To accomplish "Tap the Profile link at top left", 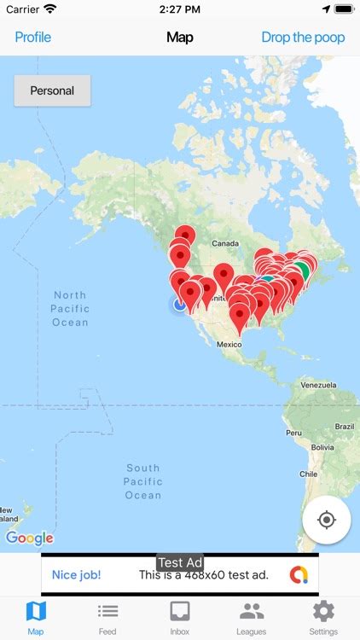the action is tap(33, 38).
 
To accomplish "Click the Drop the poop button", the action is tap(303, 38).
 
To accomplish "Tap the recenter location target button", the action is tap(326, 520).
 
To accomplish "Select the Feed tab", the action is tap(107, 617).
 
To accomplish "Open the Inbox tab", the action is tap(180, 617).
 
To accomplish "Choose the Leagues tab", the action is tap(252, 617).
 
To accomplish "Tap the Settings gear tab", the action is tap(323, 617).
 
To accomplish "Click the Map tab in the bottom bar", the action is tap(36, 617).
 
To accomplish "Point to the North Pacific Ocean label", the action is tap(70, 309).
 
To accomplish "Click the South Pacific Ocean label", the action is tap(142, 481).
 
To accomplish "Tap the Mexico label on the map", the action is tap(229, 344).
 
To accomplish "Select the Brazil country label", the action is tap(344, 426).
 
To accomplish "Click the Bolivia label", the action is tap(322, 446).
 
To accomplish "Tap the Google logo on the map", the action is tap(29, 538).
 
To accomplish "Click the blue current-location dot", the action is tap(180, 304).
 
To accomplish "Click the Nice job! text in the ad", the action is tap(76, 575).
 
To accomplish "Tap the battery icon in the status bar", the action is tap(344, 9).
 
